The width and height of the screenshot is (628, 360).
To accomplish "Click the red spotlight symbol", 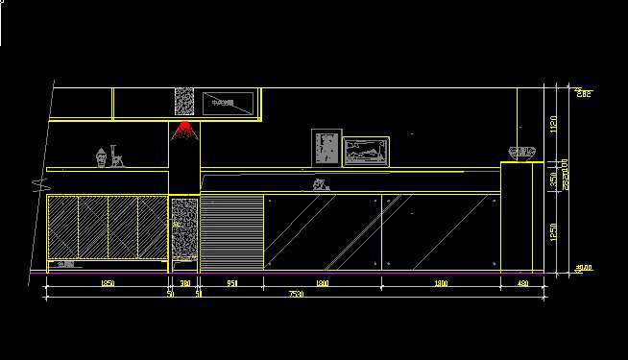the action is (184, 131).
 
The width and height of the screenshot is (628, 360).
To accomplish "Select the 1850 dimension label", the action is (108, 283).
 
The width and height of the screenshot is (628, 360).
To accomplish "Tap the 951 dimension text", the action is (230, 283).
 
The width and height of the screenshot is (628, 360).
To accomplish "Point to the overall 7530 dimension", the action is (296, 295).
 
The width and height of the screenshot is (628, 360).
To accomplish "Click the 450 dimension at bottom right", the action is (522, 283).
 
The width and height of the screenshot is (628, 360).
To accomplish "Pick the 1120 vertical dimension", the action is (553, 125).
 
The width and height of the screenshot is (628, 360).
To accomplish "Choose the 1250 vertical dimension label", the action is (553, 232).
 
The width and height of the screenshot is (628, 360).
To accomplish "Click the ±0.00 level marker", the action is (583, 269).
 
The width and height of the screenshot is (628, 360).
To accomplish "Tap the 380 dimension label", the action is (184, 283).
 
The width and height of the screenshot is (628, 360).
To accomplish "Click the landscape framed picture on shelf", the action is (366, 151).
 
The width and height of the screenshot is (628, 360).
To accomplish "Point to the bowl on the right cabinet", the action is (520, 152).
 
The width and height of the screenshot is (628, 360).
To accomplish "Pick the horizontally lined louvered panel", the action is (230, 231).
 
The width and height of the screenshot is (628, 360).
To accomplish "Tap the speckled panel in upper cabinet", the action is (184, 104).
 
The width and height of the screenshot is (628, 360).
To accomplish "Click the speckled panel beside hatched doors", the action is (184, 228).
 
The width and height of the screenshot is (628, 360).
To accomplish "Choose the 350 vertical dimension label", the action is (553, 179).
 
